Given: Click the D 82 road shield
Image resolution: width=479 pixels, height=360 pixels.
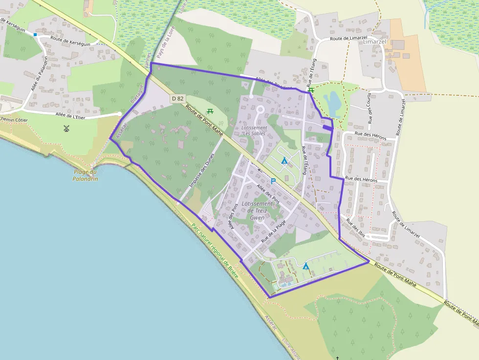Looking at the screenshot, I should (x=178, y=99).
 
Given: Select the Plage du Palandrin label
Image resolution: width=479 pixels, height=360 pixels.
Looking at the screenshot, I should (x=86, y=175).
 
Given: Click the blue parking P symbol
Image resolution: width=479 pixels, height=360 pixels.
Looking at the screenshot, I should (x=273, y=181).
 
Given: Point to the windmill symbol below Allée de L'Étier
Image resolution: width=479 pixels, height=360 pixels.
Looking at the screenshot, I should (x=66, y=128).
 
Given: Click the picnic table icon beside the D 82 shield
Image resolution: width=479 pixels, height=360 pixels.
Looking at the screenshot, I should (x=210, y=111).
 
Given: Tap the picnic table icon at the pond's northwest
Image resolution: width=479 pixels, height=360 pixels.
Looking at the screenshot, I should (x=311, y=90).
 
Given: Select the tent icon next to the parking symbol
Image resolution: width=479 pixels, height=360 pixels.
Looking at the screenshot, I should (x=284, y=160).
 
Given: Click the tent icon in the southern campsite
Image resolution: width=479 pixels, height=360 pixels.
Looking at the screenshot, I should (x=306, y=266).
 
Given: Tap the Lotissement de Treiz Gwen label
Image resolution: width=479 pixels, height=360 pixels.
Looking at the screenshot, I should (x=257, y=211).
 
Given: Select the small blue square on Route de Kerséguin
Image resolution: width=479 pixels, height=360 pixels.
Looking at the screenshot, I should (x=35, y=35).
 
